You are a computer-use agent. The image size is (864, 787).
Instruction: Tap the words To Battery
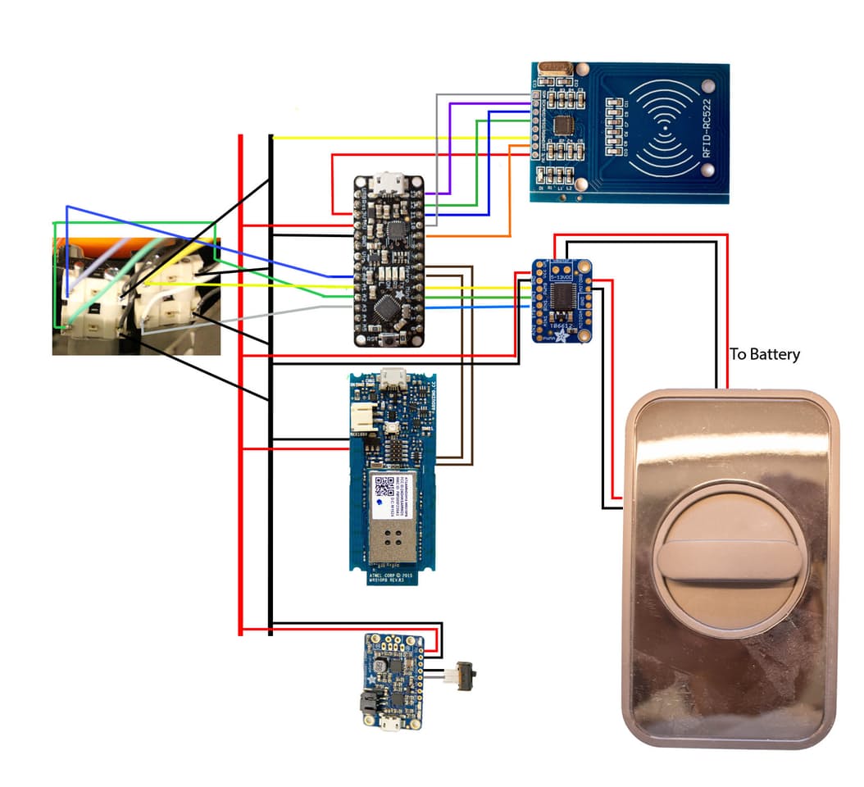coord(765,354)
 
